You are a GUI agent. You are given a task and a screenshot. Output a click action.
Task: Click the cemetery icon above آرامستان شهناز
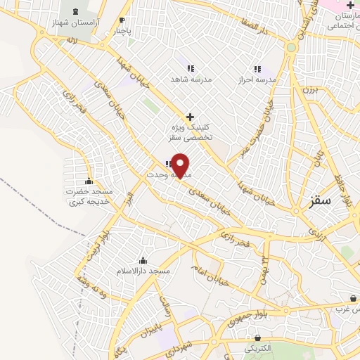pyautogui.click(x=75, y=11)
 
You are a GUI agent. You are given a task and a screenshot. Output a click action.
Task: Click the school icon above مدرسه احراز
pyautogui.click(x=257, y=69)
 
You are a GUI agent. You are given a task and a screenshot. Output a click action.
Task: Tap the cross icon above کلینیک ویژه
pyautogui.click(x=189, y=116)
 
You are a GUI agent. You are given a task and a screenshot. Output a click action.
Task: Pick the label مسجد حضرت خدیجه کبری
pyautogui.click(x=89, y=195)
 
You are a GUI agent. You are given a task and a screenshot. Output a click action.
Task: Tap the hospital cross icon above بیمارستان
pyautogui.click(x=350, y=5)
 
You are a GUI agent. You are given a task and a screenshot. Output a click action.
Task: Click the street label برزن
pyautogui.click(x=311, y=89)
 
